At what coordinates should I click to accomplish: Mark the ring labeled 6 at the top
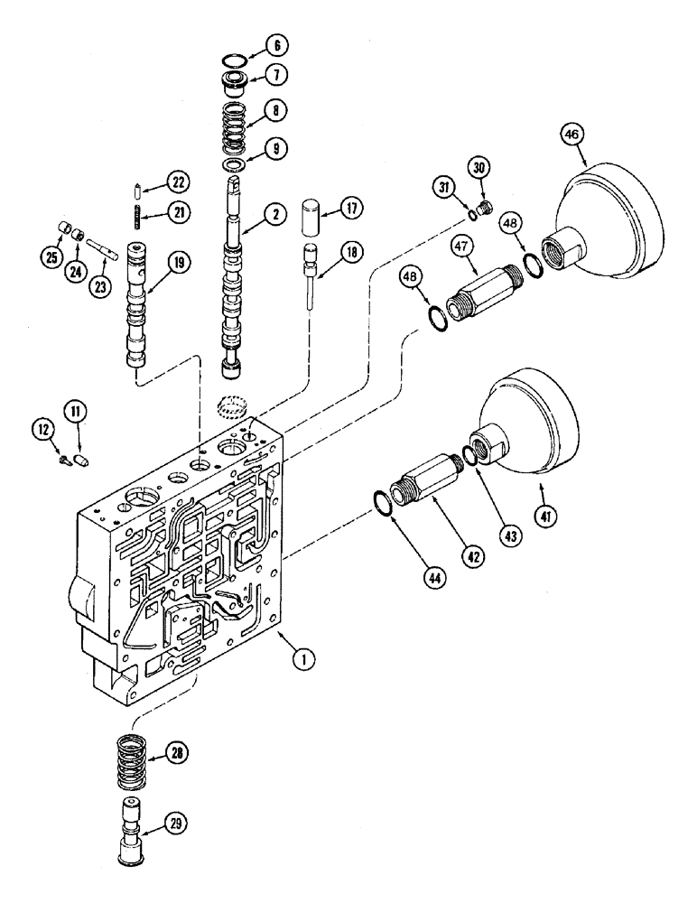pyautogui.click(x=237, y=61)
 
